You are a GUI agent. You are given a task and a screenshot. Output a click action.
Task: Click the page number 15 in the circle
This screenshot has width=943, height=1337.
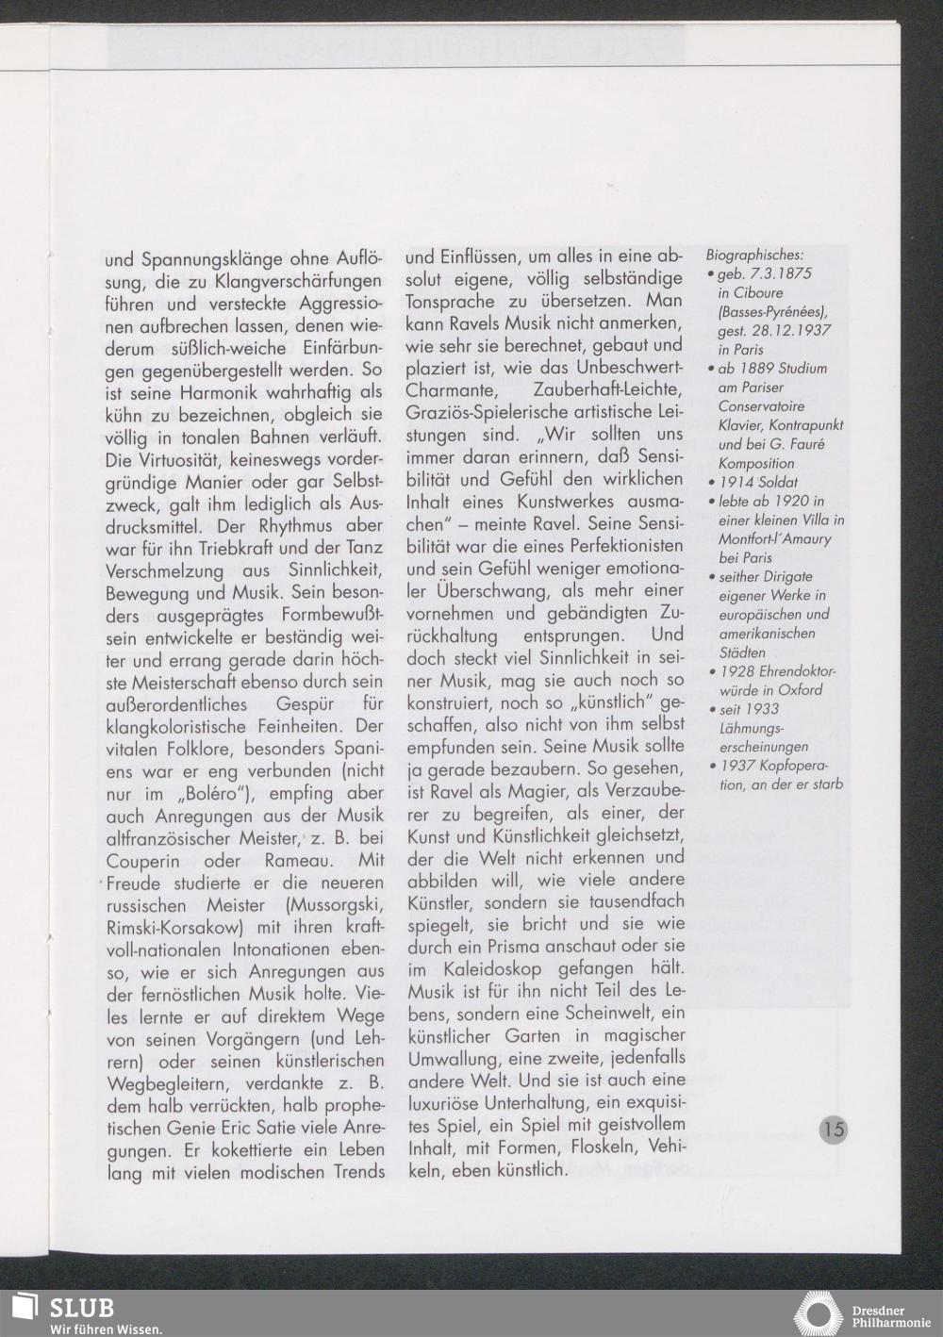tap(834, 1129)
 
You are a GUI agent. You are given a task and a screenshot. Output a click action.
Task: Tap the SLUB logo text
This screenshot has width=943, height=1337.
tap(82, 1308)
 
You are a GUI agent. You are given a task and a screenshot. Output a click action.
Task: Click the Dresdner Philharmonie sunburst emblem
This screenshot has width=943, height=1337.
tap(816, 1313)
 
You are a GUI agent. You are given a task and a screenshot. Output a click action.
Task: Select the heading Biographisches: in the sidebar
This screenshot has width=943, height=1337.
tap(754, 256)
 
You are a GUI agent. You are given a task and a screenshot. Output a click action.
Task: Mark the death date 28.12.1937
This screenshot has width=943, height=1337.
tap(790, 331)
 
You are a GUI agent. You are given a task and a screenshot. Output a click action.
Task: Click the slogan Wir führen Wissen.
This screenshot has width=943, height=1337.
tap(107, 1329)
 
